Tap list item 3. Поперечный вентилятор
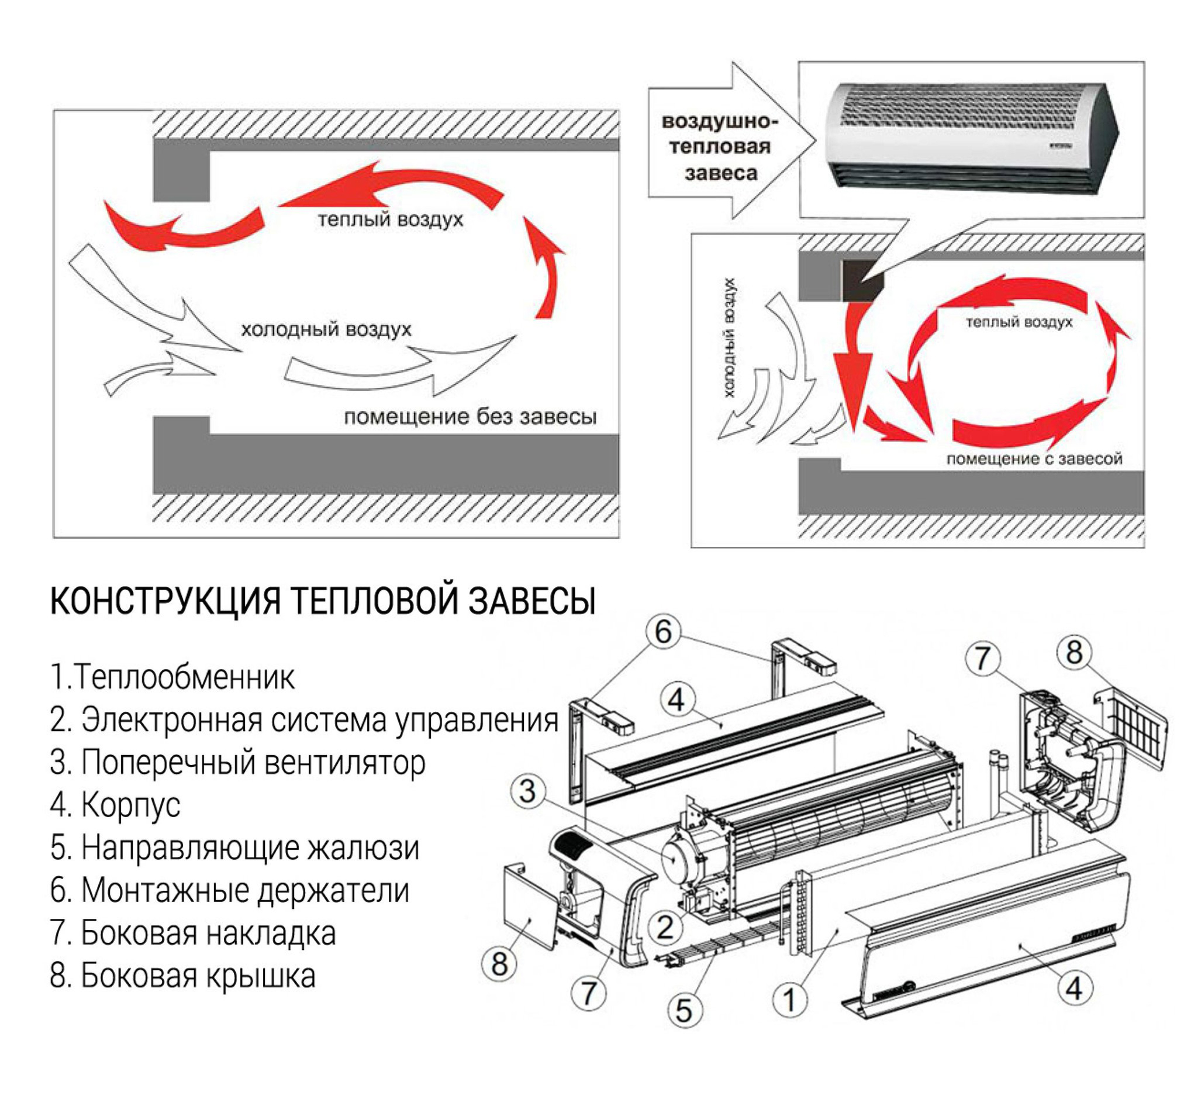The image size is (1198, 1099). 238,763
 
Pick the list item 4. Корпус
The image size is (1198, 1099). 115,805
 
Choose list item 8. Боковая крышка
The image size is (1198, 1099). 182,976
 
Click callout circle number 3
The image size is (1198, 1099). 527,791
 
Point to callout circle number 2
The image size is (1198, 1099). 665,927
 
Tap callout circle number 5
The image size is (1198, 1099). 684,1011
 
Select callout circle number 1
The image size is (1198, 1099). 790,1000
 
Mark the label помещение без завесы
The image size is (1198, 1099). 469,417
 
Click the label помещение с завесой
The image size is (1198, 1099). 1034,459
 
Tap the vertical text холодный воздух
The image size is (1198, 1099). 730,337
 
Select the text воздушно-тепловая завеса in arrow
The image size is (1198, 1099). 719,147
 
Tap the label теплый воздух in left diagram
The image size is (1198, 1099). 390,220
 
